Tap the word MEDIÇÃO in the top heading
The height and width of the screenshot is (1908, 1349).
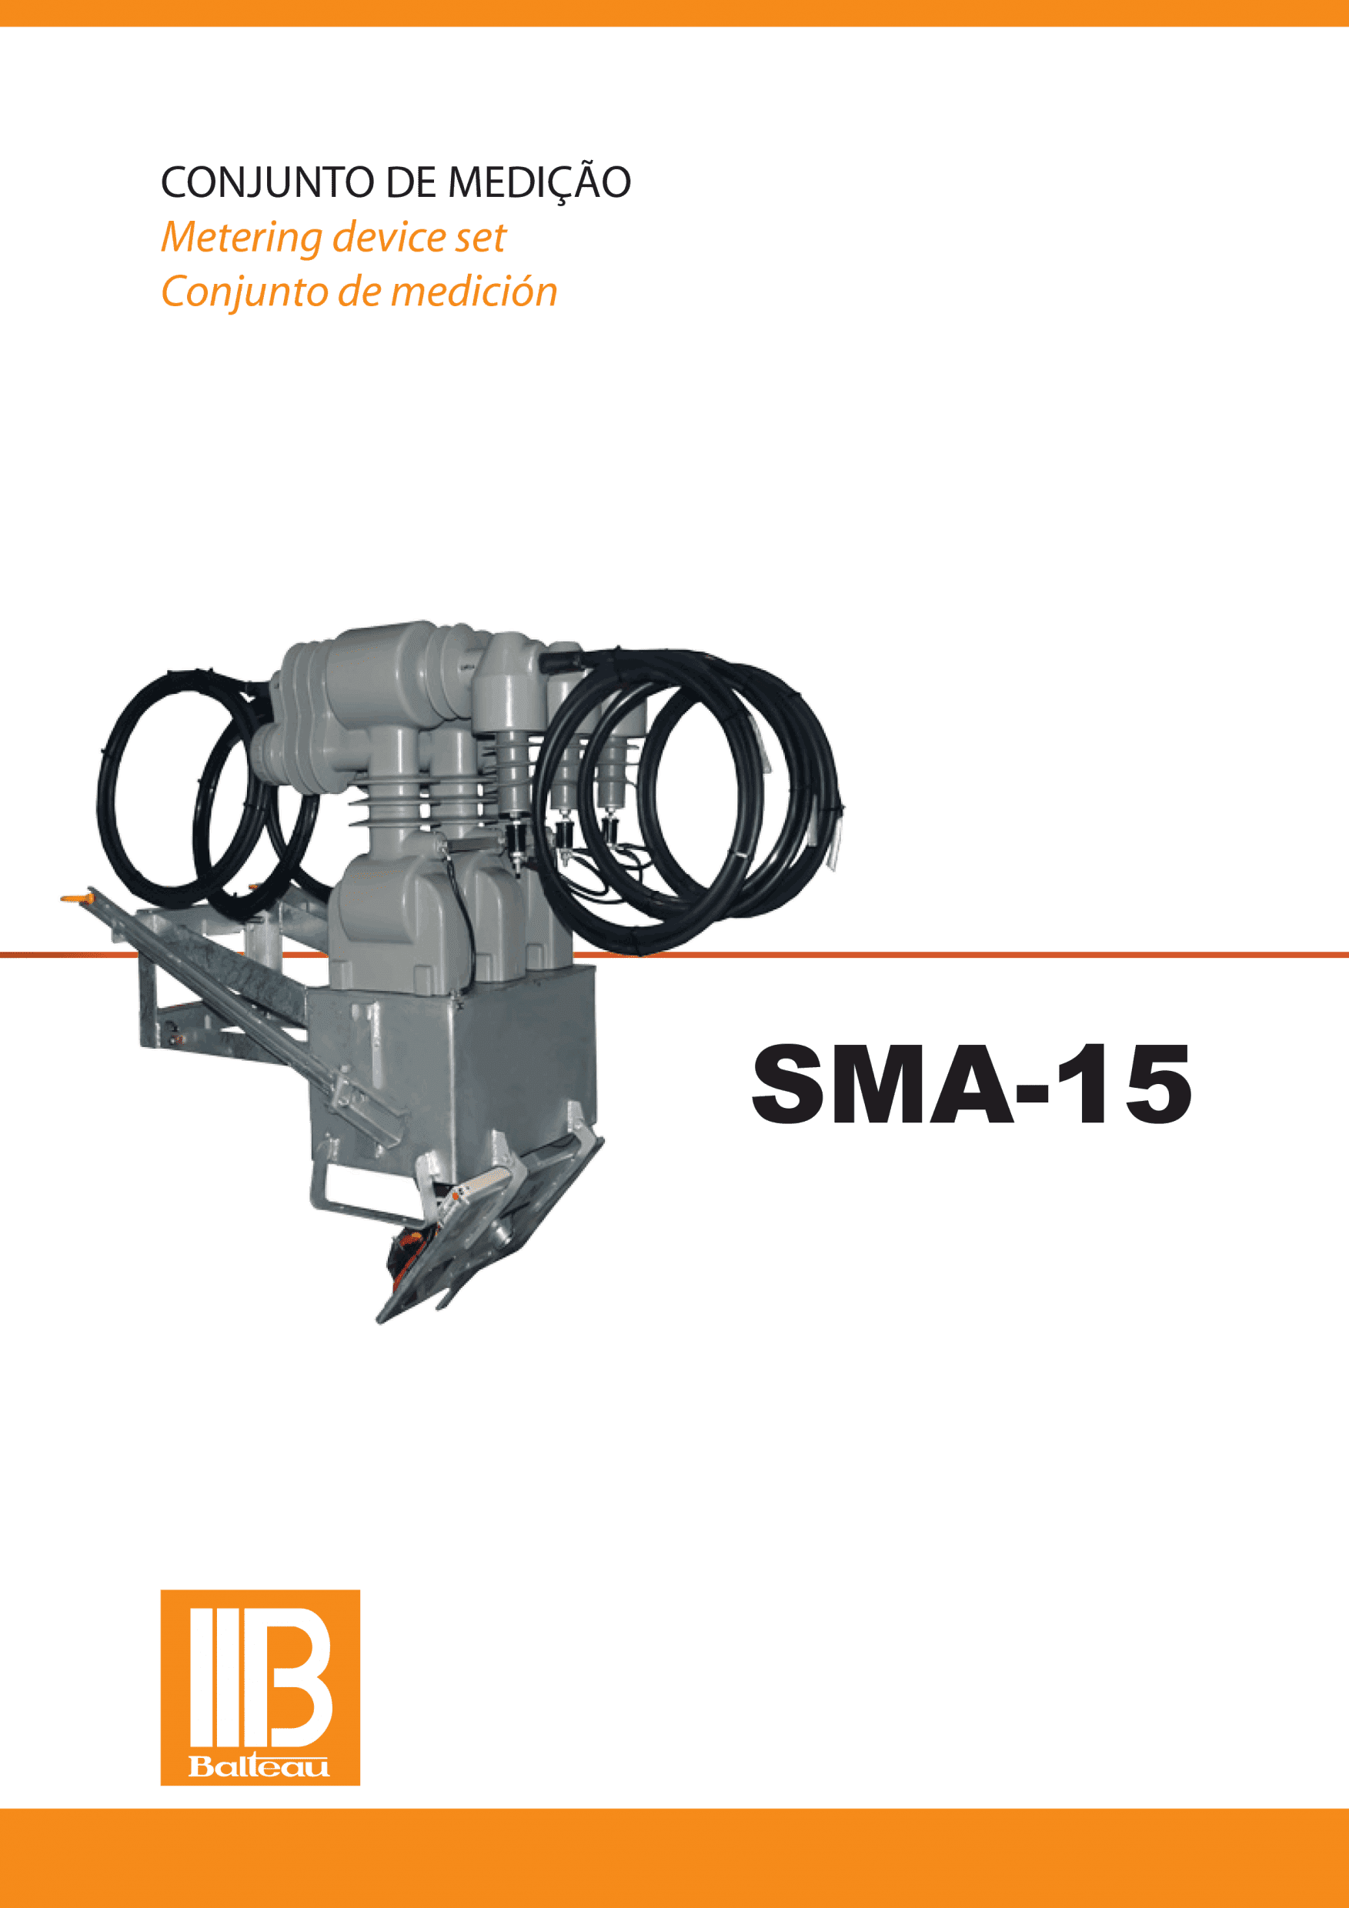coord(540,182)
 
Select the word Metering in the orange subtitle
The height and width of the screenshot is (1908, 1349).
coord(241,238)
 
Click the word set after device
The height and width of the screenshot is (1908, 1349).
coord(479,238)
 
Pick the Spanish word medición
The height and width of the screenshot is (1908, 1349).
coord(474,292)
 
